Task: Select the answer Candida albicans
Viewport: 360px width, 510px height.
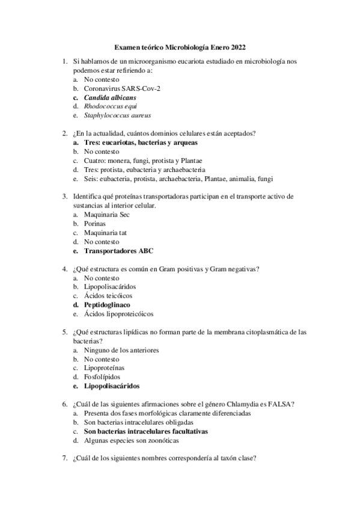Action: click(110, 97)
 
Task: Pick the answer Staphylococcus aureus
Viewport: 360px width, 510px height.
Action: click(117, 115)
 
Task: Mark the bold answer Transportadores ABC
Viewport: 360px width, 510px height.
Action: click(118, 251)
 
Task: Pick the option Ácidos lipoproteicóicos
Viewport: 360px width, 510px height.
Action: click(118, 313)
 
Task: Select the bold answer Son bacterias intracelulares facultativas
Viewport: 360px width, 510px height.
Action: click(145, 431)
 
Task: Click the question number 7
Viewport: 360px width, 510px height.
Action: click(64, 458)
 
